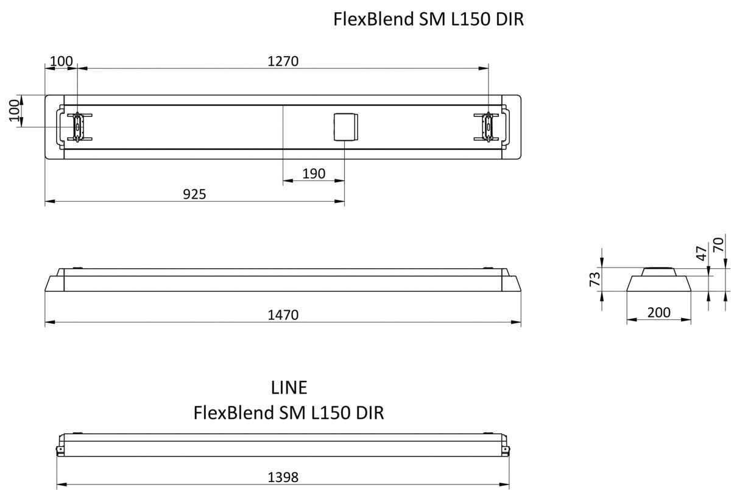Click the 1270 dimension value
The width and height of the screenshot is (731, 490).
pos(283,61)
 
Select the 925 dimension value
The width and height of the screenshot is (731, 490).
pos(195,194)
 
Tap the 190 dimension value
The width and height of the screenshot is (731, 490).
pos(314,174)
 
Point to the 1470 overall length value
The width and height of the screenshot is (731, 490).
pos(283,315)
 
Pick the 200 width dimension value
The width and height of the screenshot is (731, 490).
pos(659,313)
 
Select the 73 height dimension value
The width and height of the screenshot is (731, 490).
pos(595,279)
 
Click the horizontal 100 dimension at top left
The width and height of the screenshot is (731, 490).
pos(61,61)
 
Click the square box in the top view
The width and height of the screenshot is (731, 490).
pos(345,127)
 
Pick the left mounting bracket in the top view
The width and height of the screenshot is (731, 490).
pos(78,127)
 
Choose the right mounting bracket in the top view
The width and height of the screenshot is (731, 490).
pos(489,127)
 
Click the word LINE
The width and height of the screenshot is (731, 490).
pos(289,387)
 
